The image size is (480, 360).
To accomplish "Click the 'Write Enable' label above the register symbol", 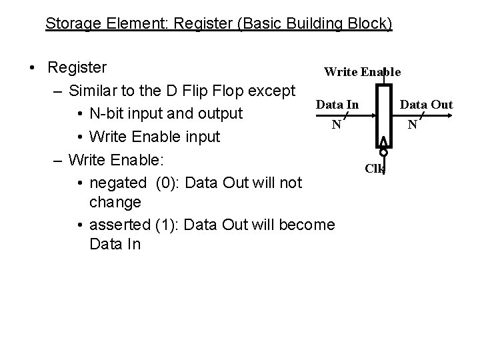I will tap(361, 71).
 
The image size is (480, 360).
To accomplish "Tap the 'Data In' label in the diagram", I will tap(337, 105).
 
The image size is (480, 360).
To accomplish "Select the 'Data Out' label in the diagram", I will tap(426, 105).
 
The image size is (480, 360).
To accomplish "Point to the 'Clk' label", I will tap(375, 169).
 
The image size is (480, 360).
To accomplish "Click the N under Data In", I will tap(337, 124).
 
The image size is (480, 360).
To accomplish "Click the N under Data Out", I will tap(413, 124).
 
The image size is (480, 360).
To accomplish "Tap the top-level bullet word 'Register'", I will tap(77, 68).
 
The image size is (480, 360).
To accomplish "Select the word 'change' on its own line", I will tap(115, 201).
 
